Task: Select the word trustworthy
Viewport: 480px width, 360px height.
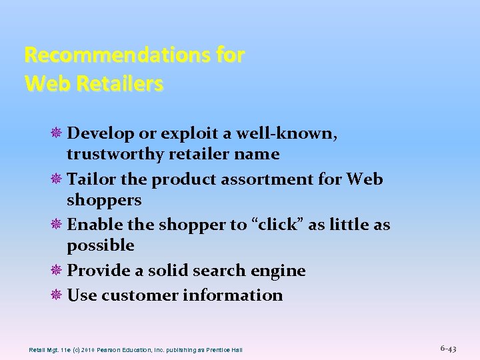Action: [x=115, y=155]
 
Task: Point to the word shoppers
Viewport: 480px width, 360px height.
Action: [x=104, y=201]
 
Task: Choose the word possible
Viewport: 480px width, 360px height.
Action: [x=101, y=246]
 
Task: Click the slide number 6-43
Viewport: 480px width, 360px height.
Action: [x=449, y=349]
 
